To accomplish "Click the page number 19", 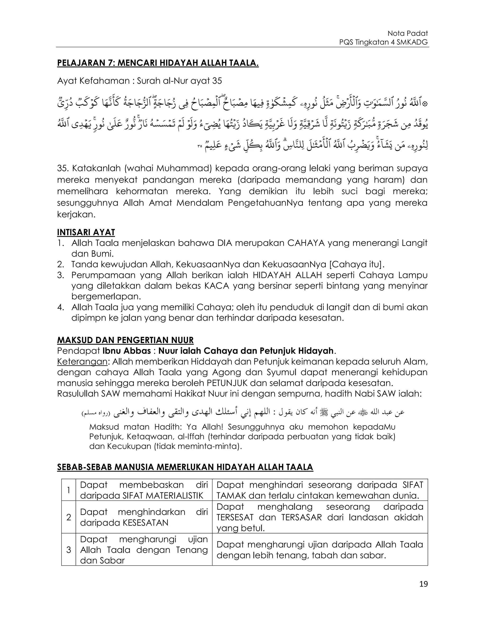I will coord(423,584).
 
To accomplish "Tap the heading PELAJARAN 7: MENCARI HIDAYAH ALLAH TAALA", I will coord(158,63).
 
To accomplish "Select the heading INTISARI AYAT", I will coord(86,232).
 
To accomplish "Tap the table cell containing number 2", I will coord(69,517).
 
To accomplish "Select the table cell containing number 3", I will coord(69,550).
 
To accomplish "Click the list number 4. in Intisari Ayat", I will coord(61,307).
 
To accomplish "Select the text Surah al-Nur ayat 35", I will coord(179,81).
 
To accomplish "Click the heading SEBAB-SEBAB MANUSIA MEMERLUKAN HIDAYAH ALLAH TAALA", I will coord(185,467).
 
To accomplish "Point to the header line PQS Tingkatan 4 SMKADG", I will coord(383,42).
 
